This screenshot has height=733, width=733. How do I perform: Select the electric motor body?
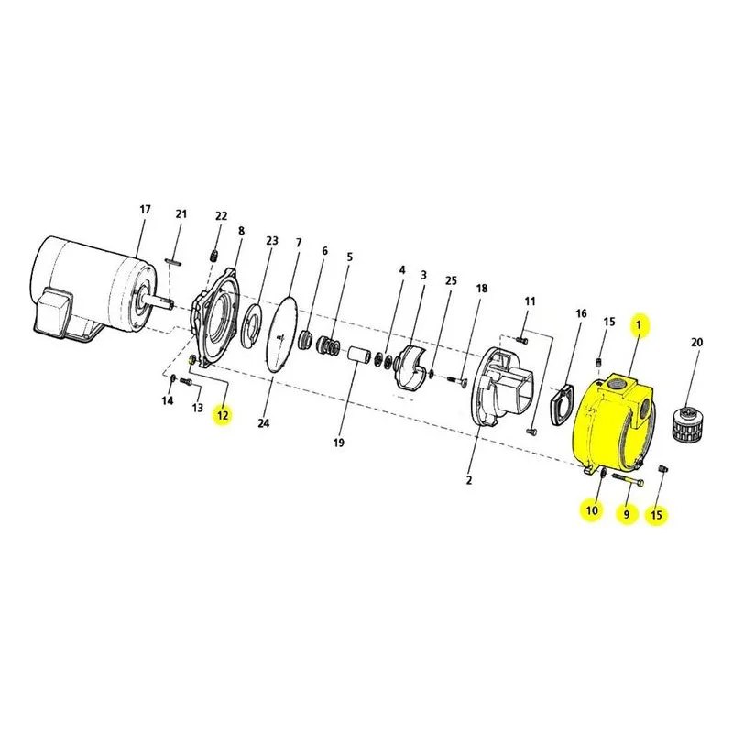pyautogui.click(x=93, y=289)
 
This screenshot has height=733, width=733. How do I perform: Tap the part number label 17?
pyautogui.click(x=146, y=210)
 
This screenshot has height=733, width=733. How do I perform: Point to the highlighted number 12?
pyautogui.click(x=223, y=415)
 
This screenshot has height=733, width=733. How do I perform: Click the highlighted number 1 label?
pyautogui.click(x=639, y=324)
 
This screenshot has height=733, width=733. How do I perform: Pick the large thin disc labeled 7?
pyautogui.click(x=281, y=335)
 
